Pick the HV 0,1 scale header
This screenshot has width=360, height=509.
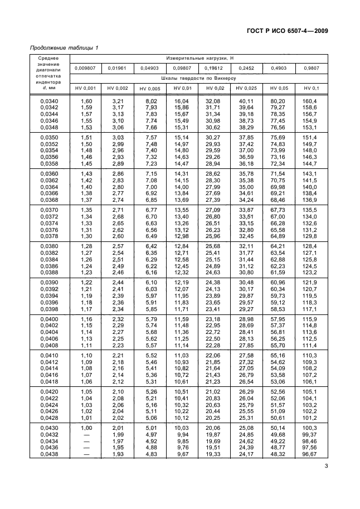point(310,88)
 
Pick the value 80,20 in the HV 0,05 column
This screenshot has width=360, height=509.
point(278,101)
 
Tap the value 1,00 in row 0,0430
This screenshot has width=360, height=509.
point(86,428)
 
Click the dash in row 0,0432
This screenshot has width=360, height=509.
point(86,434)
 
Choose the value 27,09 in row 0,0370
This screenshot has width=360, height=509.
point(214,210)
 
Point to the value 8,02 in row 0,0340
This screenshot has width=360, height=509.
point(150,101)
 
